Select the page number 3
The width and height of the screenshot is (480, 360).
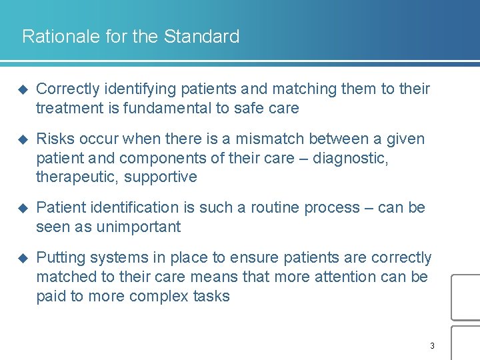point(432,345)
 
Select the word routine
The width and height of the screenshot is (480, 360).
point(275,208)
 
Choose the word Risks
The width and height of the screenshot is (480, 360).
point(55,139)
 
